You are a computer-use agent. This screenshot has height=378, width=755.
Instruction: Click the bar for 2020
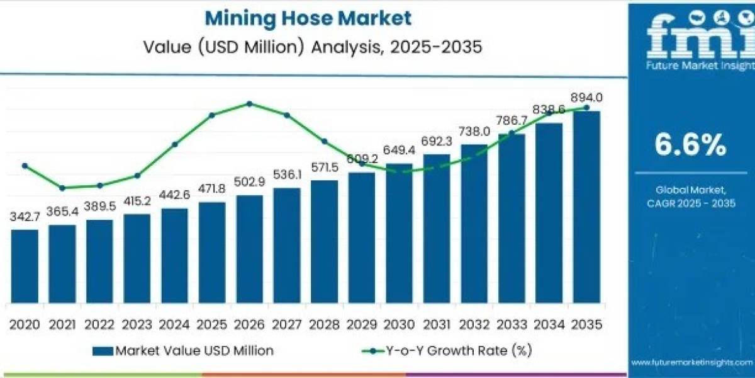pos(25,266)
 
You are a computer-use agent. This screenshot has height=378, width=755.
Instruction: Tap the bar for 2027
pos(287,245)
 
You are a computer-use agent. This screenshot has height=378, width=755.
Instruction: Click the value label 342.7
pos(25,217)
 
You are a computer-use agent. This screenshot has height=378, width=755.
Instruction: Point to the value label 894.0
pos(587,98)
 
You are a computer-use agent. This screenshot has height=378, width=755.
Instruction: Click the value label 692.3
pos(437,142)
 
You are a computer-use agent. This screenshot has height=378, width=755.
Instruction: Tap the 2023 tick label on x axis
pos(137,324)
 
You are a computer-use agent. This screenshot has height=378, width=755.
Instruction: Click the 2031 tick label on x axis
pos(437,324)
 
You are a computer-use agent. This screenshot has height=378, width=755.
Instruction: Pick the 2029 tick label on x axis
pos(362,324)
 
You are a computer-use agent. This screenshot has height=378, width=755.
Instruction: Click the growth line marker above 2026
pos(250,103)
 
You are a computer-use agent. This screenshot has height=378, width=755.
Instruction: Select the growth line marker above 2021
pos(62,188)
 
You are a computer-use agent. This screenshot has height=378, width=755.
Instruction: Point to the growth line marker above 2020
pos(25,166)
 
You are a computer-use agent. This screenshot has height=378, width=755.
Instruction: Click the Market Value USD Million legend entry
pos(182,351)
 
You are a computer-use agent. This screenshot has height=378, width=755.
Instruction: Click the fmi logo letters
pos(690,38)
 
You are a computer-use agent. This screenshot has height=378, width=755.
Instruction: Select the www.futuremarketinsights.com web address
pos(691,362)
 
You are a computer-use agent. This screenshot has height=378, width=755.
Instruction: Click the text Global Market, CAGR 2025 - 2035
pos(690,196)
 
